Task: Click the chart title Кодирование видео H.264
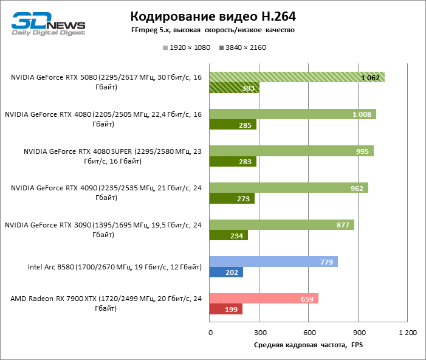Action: [212, 15]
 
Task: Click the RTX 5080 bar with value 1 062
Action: [297, 77]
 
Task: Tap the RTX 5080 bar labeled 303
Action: [234, 88]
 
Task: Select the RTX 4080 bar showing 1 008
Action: [292, 114]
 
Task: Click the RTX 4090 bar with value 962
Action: [289, 188]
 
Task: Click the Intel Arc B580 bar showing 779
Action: [273, 261]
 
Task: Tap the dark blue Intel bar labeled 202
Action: [226, 272]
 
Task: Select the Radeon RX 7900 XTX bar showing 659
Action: [264, 299]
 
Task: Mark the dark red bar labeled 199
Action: [225, 310]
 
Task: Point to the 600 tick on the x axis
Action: [309, 333]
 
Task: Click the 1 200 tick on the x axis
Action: [407, 333]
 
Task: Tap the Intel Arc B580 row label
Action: [114, 266]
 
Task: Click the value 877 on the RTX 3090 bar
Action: [343, 225]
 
